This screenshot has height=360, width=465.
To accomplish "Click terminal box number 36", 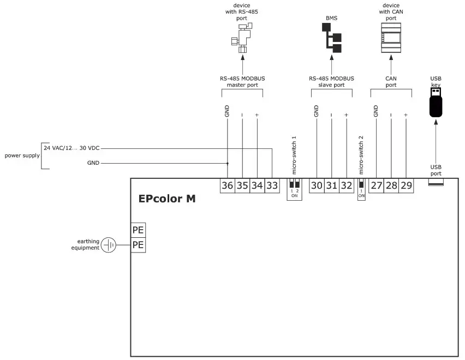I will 228,185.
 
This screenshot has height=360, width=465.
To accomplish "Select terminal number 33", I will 272,185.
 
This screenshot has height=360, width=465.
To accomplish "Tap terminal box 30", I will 317,185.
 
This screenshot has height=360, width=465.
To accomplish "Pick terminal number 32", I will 346,185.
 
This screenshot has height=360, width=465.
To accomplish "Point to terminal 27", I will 377,185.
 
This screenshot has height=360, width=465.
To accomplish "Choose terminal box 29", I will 406,185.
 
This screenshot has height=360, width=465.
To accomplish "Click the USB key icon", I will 436,102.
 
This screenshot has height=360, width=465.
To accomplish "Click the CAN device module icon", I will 391,38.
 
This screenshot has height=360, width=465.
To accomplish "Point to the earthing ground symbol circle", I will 109,245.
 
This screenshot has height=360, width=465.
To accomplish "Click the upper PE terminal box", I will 138,230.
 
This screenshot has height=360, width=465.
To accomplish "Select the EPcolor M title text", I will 167,199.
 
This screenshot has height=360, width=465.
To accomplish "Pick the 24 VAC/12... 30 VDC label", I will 71,148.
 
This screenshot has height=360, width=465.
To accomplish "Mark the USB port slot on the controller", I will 436,183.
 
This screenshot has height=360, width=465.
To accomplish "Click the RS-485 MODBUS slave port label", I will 331,82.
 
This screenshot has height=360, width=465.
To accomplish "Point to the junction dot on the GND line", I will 228,163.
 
